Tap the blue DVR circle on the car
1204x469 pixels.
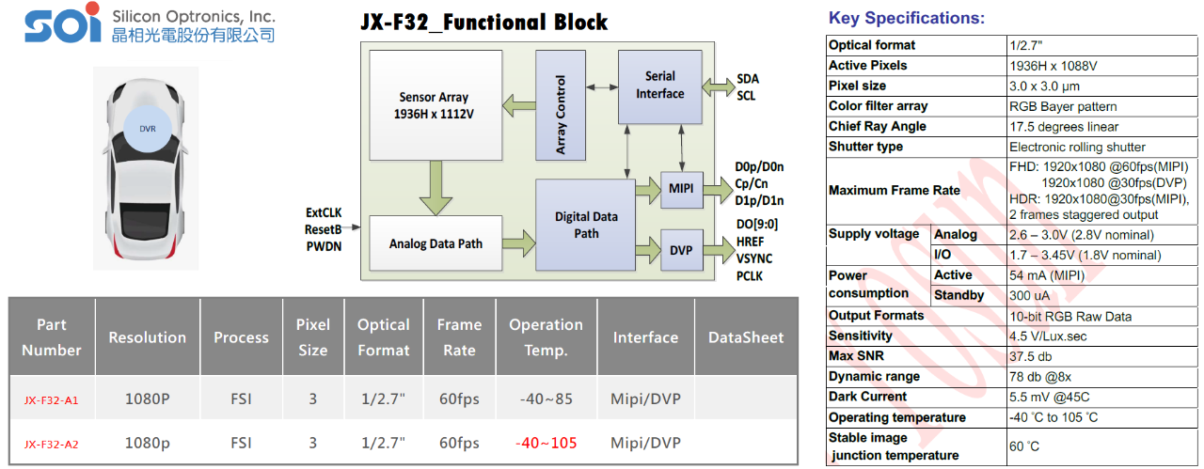[148, 129]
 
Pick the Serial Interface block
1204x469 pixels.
[659, 86]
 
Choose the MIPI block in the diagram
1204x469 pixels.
[681, 190]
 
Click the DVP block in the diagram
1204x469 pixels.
[681, 250]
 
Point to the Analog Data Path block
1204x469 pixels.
[436, 243]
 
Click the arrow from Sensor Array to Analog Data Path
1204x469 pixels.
[436, 188]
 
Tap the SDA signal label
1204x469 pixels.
[748, 79]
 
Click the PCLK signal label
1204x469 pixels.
[750, 275]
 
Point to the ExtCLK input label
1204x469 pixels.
[325, 212]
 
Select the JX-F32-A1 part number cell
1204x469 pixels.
[52, 399]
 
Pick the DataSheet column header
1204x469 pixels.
[745, 337]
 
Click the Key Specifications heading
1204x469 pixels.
[906, 18]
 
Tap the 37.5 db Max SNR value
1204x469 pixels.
[1030, 356]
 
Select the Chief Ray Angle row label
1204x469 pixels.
[877, 127]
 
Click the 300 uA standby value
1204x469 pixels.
[1029, 295]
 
